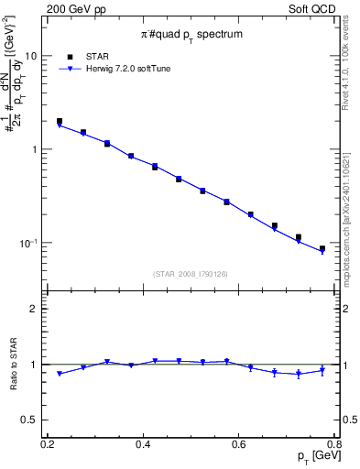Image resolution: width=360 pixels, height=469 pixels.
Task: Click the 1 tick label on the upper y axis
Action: pyautogui.click(x=34, y=148)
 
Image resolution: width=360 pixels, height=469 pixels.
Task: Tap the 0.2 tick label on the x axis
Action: pyautogui.click(x=47, y=444)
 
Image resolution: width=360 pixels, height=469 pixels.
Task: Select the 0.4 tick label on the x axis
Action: pyautogui.click(x=142, y=444)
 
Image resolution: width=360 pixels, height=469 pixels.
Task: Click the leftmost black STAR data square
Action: pyautogui.click(x=60, y=121)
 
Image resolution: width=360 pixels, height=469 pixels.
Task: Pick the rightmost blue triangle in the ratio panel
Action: pyautogui.click(x=322, y=371)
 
